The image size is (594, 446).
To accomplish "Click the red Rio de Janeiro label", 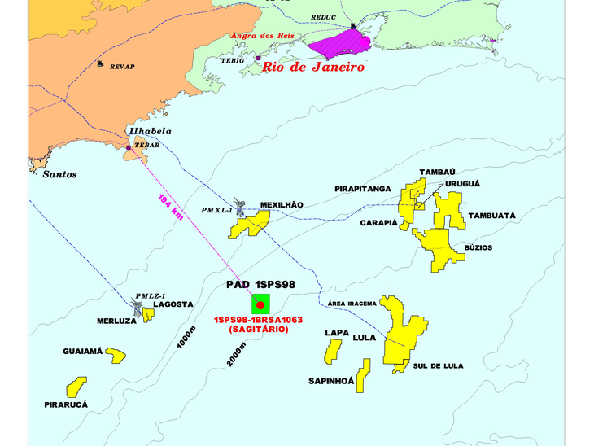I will [x=312, y=68].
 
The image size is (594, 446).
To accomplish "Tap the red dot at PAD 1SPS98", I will [x=260, y=305].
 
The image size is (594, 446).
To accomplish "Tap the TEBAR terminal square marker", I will [x=129, y=147].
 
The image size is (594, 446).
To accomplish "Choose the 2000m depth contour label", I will [x=236, y=352].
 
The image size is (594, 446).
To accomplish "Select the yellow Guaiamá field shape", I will [x=116, y=355].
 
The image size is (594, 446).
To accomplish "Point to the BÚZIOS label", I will [x=478, y=247].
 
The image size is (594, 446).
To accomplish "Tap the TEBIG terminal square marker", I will [x=258, y=58].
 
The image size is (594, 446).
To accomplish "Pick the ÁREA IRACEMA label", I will [x=352, y=304].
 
